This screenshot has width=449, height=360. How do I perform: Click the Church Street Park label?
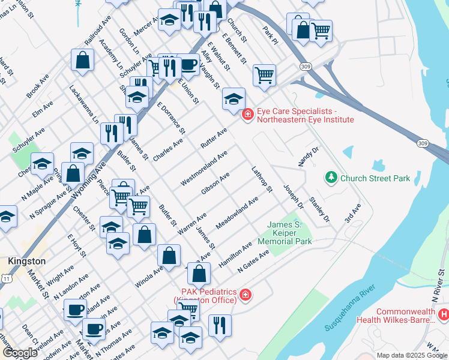point(375,178)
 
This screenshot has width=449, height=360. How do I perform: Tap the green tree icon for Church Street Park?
point(330,178)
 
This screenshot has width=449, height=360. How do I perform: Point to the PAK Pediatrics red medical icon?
point(245,295)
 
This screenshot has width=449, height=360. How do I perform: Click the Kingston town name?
point(27,262)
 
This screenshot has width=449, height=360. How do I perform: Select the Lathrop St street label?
point(262,179)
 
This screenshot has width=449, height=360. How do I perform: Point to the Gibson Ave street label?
point(216,184)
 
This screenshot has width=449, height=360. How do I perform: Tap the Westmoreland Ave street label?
point(204,168)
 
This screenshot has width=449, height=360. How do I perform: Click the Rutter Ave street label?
point(214,139)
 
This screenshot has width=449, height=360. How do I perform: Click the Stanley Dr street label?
point(319,209)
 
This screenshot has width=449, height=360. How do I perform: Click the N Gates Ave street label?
point(253,262)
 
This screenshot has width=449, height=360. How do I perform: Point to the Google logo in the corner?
point(20,353)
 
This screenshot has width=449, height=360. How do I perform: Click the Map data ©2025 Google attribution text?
point(412,355)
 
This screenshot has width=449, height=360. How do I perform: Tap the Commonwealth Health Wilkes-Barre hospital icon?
point(444,314)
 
